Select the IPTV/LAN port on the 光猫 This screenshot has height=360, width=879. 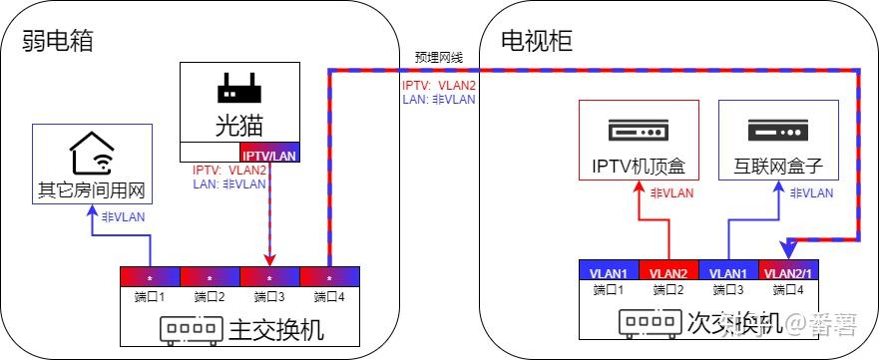[x=269, y=153]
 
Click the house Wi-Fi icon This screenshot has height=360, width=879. [x=91, y=155]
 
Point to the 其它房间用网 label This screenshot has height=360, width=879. [x=91, y=188]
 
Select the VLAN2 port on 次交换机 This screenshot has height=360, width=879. [x=668, y=270]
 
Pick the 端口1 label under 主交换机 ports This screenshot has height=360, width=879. [x=150, y=296]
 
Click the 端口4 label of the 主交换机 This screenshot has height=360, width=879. [x=329, y=296]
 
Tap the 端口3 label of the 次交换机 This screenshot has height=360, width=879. [x=728, y=290]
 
